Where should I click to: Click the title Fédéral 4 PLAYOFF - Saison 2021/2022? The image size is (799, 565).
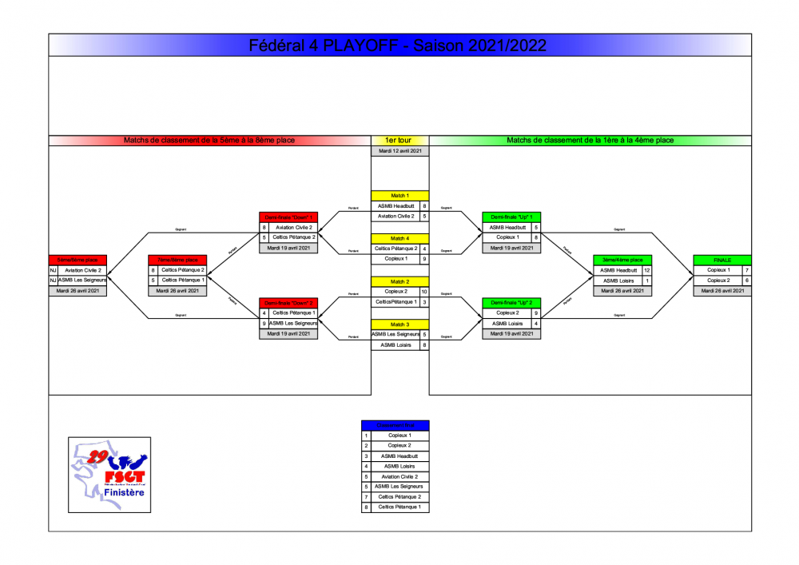point(399,46)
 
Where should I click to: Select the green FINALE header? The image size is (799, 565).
point(722,260)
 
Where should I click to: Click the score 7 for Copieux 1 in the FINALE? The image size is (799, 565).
point(746,270)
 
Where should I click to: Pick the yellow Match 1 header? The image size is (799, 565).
point(399,195)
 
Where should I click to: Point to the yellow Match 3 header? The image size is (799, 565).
point(399,324)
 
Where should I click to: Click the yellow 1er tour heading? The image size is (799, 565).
point(399,140)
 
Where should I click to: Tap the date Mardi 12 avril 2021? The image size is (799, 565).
point(399,150)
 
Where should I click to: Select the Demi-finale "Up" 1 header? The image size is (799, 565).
point(511,217)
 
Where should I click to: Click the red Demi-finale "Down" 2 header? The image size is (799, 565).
point(288,303)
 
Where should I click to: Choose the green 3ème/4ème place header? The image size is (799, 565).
point(622,260)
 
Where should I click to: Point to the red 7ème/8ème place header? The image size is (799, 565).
point(177,260)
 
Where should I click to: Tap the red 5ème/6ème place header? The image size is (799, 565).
point(78,260)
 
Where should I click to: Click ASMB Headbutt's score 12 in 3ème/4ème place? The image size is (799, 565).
point(647,270)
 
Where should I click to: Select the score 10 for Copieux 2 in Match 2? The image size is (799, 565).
point(424,292)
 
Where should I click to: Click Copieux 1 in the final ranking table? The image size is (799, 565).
point(399,436)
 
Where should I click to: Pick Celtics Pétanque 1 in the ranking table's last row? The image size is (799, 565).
point(399,507)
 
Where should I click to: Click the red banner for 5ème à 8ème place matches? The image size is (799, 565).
point(209,140)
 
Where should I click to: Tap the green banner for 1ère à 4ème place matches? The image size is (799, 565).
point(590,140)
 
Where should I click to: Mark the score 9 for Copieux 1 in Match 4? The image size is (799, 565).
point(424,259)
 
